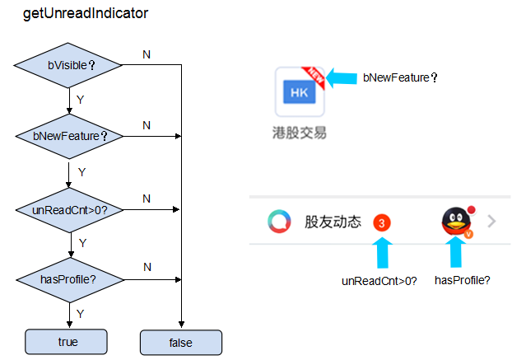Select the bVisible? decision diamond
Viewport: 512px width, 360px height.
point(69,64)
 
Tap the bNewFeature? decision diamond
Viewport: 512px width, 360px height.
point(69,136)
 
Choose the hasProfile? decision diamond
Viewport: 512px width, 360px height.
point(69,278)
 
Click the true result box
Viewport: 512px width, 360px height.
point(67,341)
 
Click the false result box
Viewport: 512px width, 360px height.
point(180,341)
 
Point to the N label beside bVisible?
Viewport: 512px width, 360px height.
point(147,54)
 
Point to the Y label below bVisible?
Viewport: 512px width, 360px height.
point(80,99)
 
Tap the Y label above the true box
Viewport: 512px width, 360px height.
point(80,314)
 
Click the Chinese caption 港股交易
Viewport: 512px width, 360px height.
point(300,132)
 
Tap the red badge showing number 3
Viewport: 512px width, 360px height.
point(382,222)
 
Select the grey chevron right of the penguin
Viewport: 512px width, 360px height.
point(491,221)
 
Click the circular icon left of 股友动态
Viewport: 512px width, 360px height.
point(280,222)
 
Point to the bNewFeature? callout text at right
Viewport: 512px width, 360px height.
point(400,78)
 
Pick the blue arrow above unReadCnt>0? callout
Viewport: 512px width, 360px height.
point(381,251)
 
